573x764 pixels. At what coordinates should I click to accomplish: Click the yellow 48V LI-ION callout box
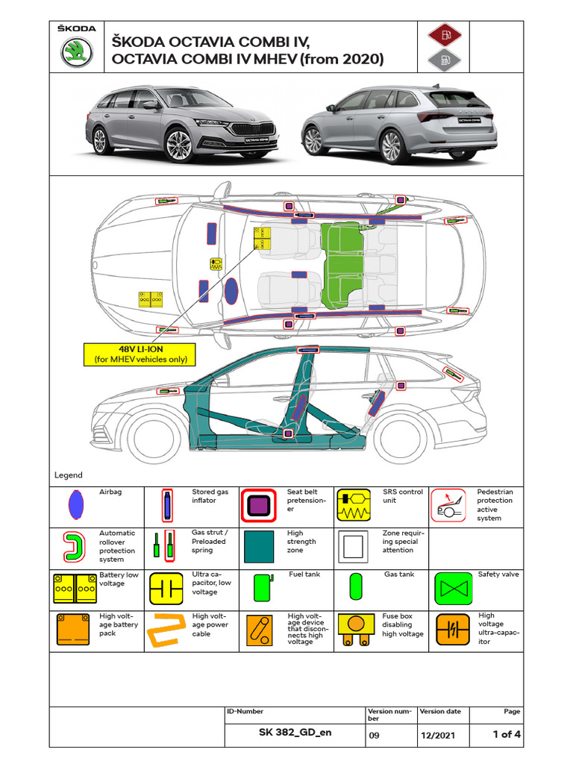[x=140, y=354]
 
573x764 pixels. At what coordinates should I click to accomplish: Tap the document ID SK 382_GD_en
[x=295, y=733]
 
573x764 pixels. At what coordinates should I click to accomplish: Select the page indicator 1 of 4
[x=507, y=734]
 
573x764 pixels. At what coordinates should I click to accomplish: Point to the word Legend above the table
[x=69, y=475]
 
